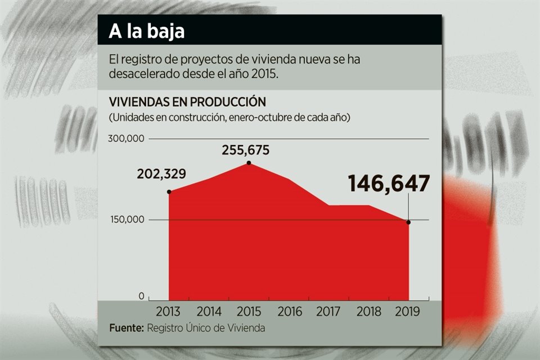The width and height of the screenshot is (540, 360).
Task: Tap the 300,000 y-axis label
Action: point(125,138)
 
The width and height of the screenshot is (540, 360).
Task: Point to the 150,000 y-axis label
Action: point(125,219)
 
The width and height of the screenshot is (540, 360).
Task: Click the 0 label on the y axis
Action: point(141,296)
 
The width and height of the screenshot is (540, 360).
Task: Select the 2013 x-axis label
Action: point(169,311)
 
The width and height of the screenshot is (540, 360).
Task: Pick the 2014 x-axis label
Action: point(209,311)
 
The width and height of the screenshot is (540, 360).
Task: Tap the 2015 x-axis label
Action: point(249,311)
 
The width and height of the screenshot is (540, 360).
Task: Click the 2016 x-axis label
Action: point(289,311)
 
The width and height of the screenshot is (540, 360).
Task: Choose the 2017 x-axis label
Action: point(329,311)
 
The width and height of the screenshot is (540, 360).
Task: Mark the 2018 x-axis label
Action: point(369,311)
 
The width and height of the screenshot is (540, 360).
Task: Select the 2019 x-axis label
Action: point(408,311)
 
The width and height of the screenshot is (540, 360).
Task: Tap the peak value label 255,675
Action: point(246,150)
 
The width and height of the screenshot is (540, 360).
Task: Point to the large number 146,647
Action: point(389,184)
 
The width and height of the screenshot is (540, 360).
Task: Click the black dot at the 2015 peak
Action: point(249,163)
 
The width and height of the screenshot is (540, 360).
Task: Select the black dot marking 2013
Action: point(169,192)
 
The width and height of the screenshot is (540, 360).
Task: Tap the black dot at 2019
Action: point(409,222)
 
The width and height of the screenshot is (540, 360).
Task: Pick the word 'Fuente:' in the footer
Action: point(127,327)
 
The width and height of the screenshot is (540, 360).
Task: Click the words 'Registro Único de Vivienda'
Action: point(206,327)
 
